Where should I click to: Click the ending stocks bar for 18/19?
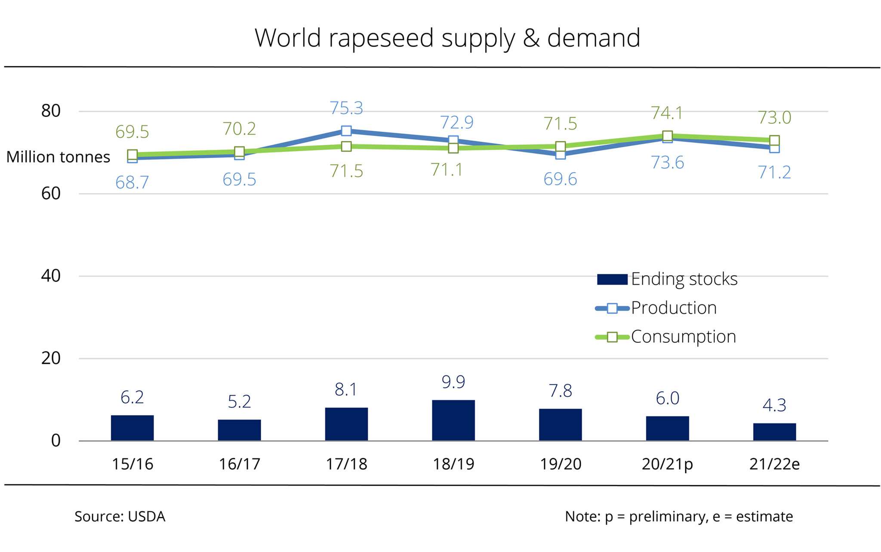(453, 420)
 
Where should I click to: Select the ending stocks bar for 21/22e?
(774, 432)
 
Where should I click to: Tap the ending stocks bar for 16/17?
(239, 430)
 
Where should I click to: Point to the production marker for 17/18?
(346, 131)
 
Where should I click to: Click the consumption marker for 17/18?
(346, 146)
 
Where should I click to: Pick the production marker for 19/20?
(560, 154)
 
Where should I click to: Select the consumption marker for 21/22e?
(774, 140)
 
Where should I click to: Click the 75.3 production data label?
(346, 108)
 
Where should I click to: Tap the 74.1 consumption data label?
(667, 113)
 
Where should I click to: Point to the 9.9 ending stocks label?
(453, 382)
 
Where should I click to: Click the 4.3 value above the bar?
(774, 405)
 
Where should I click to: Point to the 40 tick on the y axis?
(51, 276)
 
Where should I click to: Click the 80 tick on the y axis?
(51, 111)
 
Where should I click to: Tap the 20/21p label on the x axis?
(667, 464)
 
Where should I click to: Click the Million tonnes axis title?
(59, 157)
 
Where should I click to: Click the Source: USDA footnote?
(120, 516)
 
